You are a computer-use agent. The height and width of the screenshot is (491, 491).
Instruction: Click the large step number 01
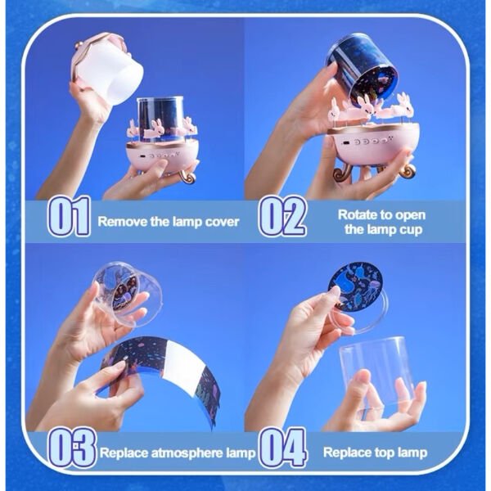[x=69, y=216]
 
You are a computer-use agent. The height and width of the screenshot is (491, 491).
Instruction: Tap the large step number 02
[x=282, y=216]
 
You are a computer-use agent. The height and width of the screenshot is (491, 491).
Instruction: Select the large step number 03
[x=72, y=448]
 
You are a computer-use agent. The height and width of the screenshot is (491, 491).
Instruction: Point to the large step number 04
[x=283, y=448]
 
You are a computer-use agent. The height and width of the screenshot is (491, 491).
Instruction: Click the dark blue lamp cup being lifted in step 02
[x=362, y=68]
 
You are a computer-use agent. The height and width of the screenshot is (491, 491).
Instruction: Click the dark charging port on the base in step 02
[x=345, y=143]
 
